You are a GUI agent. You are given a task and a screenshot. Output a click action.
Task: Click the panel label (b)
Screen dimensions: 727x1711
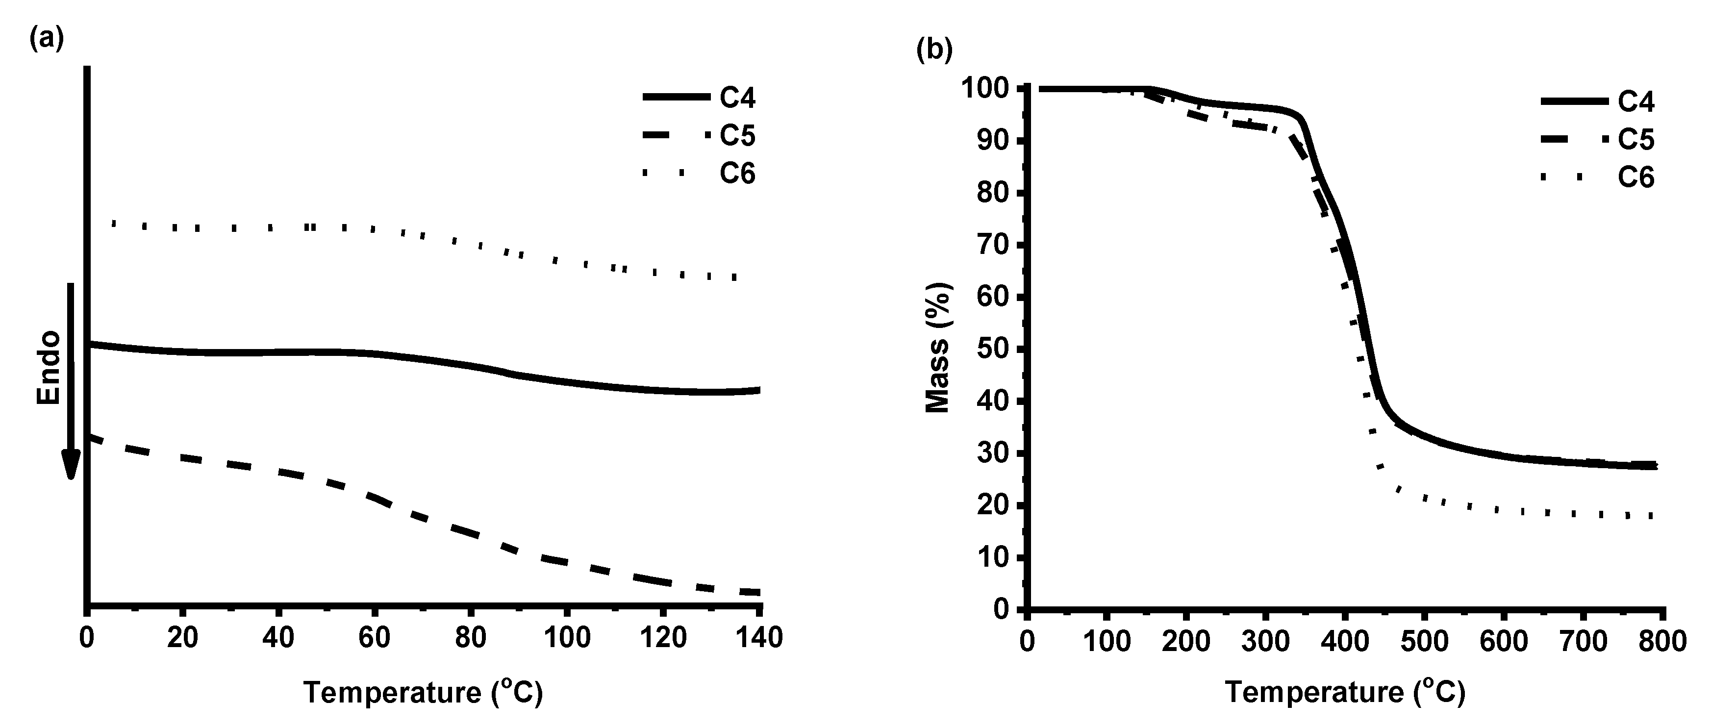[934, 50]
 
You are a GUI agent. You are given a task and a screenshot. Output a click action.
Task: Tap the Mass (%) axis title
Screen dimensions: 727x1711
[938, 348]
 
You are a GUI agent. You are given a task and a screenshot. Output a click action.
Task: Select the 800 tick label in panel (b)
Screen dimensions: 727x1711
[1662, 642]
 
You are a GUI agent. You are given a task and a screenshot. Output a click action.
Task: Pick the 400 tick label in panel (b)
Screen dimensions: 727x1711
[1344, 642]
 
